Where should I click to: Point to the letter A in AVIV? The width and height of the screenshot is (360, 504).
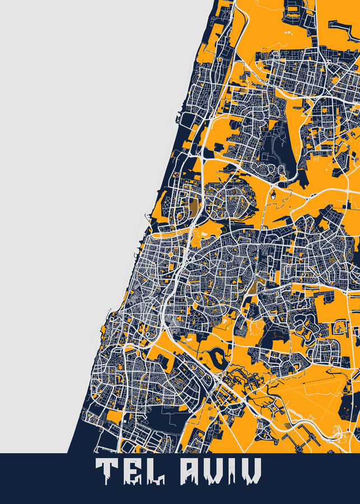point(190,471)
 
